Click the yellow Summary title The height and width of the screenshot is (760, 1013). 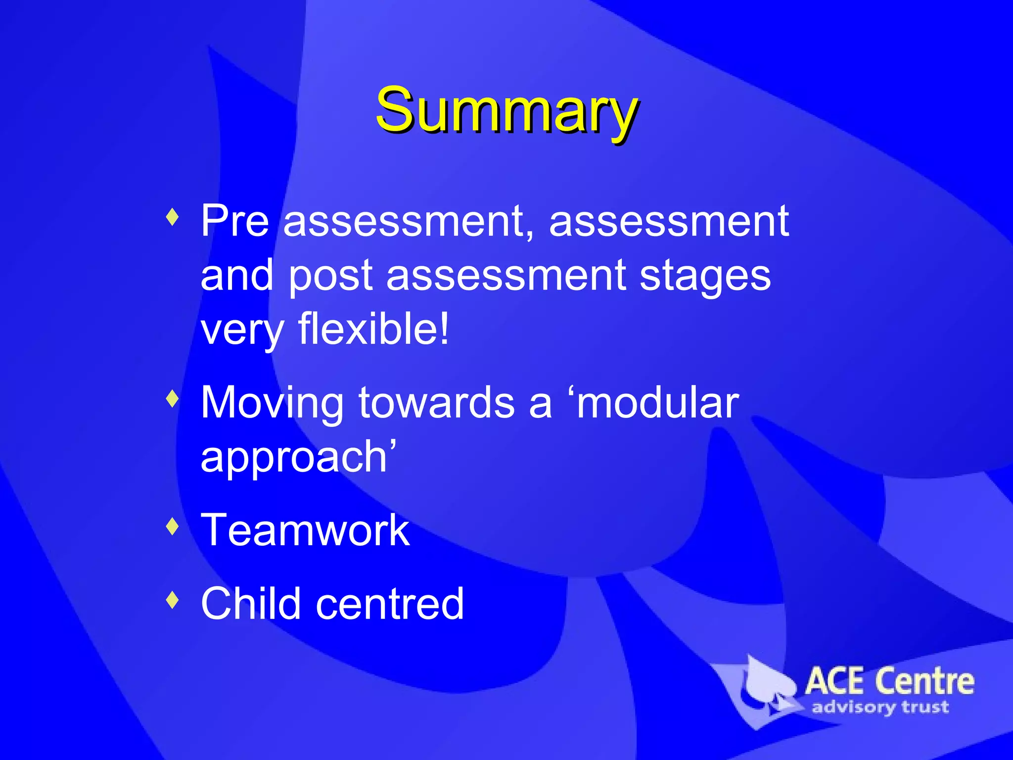pos(506,110)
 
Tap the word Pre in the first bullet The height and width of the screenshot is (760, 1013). pos(234,221)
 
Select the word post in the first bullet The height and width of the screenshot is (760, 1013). pos(330,276)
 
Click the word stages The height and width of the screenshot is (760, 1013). pos(705,276)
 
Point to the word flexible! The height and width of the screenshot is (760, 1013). pos(374,329)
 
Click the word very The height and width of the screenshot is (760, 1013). pos(242,330)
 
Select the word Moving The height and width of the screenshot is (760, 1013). pos(272,403)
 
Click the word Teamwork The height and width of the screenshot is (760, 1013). pos(305,530)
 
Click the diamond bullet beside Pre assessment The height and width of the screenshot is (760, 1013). pos(172,217)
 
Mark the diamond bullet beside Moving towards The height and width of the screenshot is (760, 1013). pos(172,398)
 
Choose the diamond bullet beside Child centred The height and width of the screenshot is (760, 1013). pos(172,599)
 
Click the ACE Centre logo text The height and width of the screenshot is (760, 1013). pos(889,681)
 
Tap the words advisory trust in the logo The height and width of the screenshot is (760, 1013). pos(880,707)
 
